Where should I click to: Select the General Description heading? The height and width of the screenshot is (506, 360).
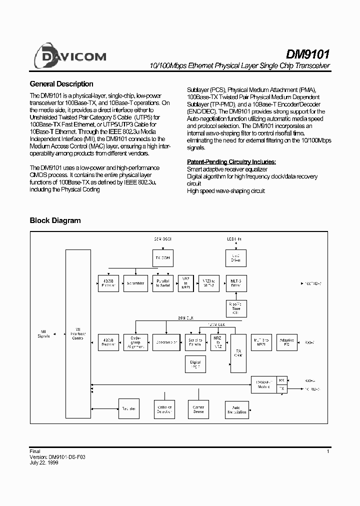click(61, 84)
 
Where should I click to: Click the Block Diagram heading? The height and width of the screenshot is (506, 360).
click(55, 220)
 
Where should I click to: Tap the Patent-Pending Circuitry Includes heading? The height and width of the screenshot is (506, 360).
click(231, 162)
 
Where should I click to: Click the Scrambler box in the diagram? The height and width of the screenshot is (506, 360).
click(135, 283)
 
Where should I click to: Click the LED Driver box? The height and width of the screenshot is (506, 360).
click(235, 258)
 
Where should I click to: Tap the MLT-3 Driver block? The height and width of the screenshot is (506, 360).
click(235, 283)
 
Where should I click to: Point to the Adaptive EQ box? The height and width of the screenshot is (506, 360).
click(287, 341)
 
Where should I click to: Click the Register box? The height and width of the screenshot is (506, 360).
click(129, 409)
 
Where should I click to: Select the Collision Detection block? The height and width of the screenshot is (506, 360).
click(164, 409)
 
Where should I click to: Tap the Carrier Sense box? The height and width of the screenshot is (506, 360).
click(198, 409)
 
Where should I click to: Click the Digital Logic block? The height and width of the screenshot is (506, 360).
click(196, 363)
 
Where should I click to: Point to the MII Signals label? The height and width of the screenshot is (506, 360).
click(44, 334)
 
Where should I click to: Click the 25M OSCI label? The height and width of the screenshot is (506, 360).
click(162, 239)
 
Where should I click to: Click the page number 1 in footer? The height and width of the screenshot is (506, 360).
click(328, 451)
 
